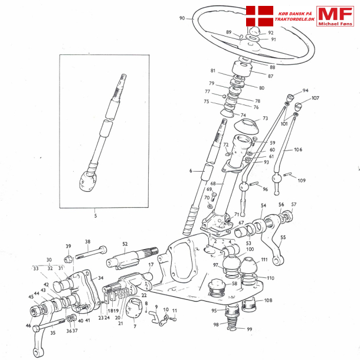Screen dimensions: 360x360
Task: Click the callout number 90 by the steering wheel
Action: (182, 18)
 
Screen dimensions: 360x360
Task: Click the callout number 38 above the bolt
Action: (87, 241)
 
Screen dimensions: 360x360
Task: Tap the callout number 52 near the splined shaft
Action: (125, 244)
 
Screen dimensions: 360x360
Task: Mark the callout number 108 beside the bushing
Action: (268, 300)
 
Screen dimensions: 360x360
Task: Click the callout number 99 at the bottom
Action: (250, 329)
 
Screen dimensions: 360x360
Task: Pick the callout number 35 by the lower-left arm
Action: (53, 333)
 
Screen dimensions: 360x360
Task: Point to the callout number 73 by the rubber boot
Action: (265, 118)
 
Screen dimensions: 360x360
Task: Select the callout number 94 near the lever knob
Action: (306, 91)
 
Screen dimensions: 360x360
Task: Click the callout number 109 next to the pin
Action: (302, 180)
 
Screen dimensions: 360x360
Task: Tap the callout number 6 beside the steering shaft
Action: (191, 170)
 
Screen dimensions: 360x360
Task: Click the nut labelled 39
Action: (68, 258)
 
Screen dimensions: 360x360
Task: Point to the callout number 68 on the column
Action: (213, 183)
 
